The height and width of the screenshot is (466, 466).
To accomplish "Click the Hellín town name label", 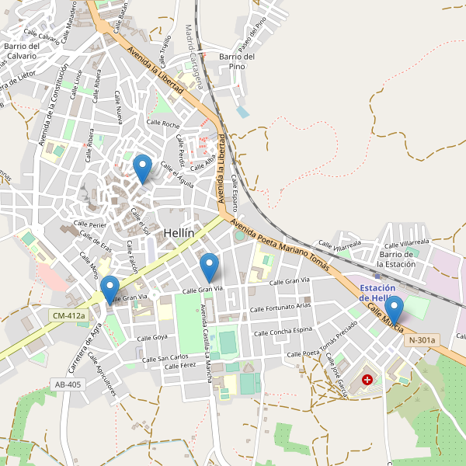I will [178, 233].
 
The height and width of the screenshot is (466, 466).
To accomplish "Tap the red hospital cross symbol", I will [367, 381].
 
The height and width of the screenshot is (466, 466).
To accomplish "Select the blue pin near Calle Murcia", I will [395, 310].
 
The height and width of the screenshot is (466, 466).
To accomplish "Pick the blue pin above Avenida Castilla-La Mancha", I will [209, 267].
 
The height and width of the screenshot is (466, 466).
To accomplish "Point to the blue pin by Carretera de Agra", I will [110, 290].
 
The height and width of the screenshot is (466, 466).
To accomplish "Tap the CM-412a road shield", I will [69, 316].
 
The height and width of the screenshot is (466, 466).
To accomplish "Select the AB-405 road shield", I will [68, 384].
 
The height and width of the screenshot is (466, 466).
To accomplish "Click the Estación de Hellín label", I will [378, 293].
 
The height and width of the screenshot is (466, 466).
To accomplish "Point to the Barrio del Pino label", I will [238, 61].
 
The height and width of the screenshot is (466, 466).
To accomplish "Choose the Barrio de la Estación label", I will [402, 259].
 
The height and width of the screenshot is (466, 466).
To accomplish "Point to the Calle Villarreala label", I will [339, 245].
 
